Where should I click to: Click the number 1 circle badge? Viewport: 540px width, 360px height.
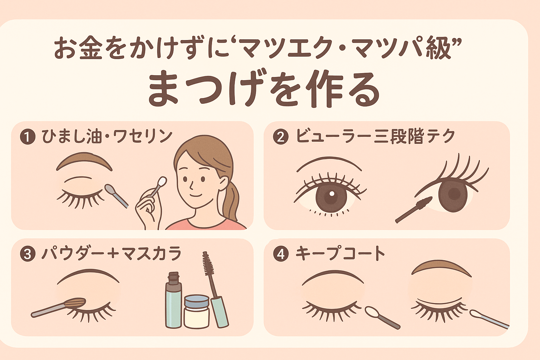click(28, 137)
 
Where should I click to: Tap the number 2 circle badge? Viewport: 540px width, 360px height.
click(281, 137)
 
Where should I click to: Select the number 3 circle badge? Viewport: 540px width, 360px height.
click(28, 254)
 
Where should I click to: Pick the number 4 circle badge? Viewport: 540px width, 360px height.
click(281, 254)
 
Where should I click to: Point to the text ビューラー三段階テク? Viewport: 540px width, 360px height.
click(375, 136)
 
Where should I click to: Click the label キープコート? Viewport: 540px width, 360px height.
click(340, 254)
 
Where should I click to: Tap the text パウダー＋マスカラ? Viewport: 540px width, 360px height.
click(111, 254)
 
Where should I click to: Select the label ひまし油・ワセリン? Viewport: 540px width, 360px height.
click(107, 136)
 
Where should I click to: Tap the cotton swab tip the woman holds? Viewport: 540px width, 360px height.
click(162, 181)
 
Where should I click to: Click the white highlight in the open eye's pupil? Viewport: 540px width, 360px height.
click(332, 193)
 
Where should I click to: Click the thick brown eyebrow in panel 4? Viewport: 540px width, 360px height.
click(441, 267)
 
